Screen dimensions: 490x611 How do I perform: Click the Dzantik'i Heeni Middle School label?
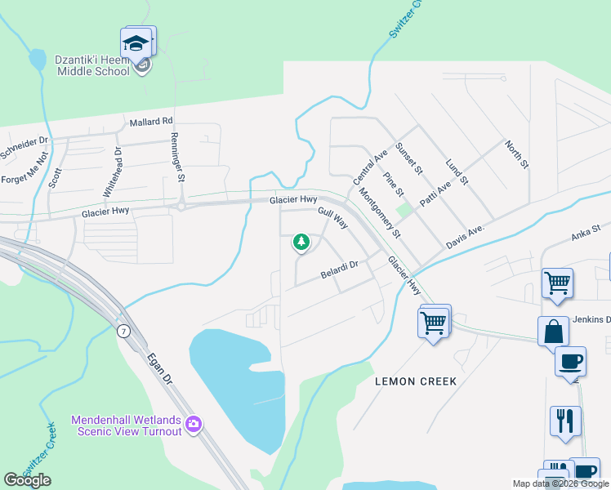point(92,65)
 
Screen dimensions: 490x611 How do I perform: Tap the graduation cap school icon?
point(137,42)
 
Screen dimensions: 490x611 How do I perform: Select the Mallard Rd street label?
point(152,122)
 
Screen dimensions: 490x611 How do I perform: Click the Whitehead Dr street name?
point(112,173)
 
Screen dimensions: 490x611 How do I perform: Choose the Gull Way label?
point(333,217)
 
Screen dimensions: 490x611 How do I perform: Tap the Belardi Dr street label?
point(340,267)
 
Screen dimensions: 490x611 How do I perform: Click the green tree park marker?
point(301,242)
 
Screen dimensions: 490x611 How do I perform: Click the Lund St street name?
point(456,171)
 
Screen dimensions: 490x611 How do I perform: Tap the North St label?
point(516,154)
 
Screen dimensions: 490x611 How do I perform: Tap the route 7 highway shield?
point(123,331)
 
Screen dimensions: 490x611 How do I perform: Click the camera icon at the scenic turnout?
point(194,424)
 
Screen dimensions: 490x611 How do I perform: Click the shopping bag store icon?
point(553,332)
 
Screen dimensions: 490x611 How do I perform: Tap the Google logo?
point(28,479)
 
